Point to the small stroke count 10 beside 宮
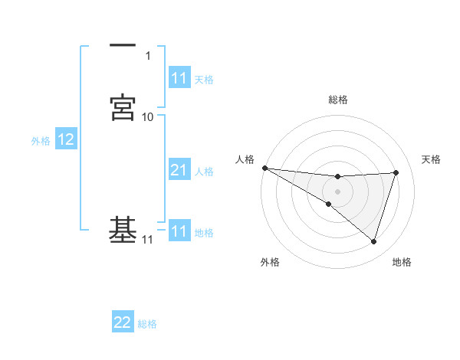pyautogui.click(x=148, y=117)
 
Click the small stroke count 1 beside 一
pyautogui.click(x=148, y=56)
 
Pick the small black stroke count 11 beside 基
pyautogui.click(x=148, y=240)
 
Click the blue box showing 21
pyautogui.click(x=179, y=171)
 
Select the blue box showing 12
pyautogui.click(x=66, y=139)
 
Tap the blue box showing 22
pyautogui.click(x=123, y=322)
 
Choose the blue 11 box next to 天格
pyautogui.click(x=179, y=78)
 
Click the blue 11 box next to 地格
pyautogui.click(x=179, y=231)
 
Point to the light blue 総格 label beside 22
pyautogui.click(x=147, y=324)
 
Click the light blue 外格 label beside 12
pyautogui.click(x=40, y=141)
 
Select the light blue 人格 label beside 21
pyautogui.click(x=204, y=172)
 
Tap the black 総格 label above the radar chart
pyautogui.click(x=338, y=100)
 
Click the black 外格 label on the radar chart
pyautogui.click(x=270, y=262)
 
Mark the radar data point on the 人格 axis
pyautogui.click(x=264, y=168)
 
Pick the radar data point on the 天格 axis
pyautogui.click(x=396, y=172)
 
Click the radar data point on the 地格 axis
pyautogui.click(x=373, y=241)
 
